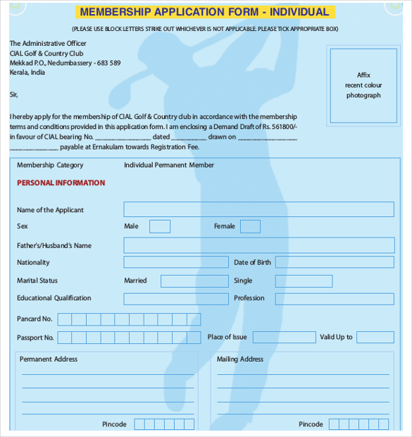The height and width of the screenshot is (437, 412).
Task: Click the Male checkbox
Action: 160,226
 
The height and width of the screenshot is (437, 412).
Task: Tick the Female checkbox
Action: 250,226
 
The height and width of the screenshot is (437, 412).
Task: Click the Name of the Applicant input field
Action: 258,209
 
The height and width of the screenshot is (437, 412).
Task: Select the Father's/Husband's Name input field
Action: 258,245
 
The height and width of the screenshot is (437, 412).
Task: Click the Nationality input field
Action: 176,262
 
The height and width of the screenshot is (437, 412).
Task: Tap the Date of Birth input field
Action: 334,262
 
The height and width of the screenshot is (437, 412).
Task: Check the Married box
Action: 194,281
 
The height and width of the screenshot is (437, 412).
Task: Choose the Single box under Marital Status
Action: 304,281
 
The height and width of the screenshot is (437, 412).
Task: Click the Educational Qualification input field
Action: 176,299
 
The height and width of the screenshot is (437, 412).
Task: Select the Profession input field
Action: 334,299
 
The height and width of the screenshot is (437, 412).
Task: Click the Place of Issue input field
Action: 284,338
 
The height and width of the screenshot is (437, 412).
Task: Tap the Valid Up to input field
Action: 375,338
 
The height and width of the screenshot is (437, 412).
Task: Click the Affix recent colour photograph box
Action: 363,85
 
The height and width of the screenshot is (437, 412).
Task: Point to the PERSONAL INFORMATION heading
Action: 61,183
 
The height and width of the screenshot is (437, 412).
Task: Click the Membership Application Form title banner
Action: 204,12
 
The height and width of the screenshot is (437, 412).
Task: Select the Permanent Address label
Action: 49,359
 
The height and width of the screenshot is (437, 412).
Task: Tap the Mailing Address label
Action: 240,359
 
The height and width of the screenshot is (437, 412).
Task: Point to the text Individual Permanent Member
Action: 169,165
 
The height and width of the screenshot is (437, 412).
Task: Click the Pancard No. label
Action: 35,319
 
